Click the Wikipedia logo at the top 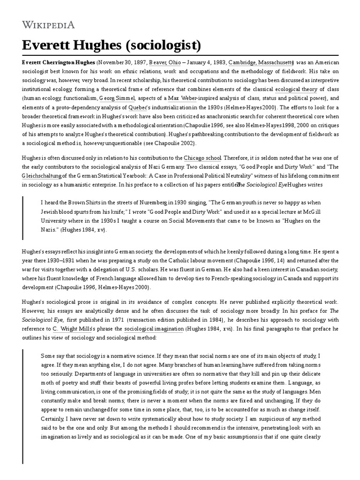click(48, 24)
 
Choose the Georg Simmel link click(117, 98)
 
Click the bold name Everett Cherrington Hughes click(58, 62)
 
